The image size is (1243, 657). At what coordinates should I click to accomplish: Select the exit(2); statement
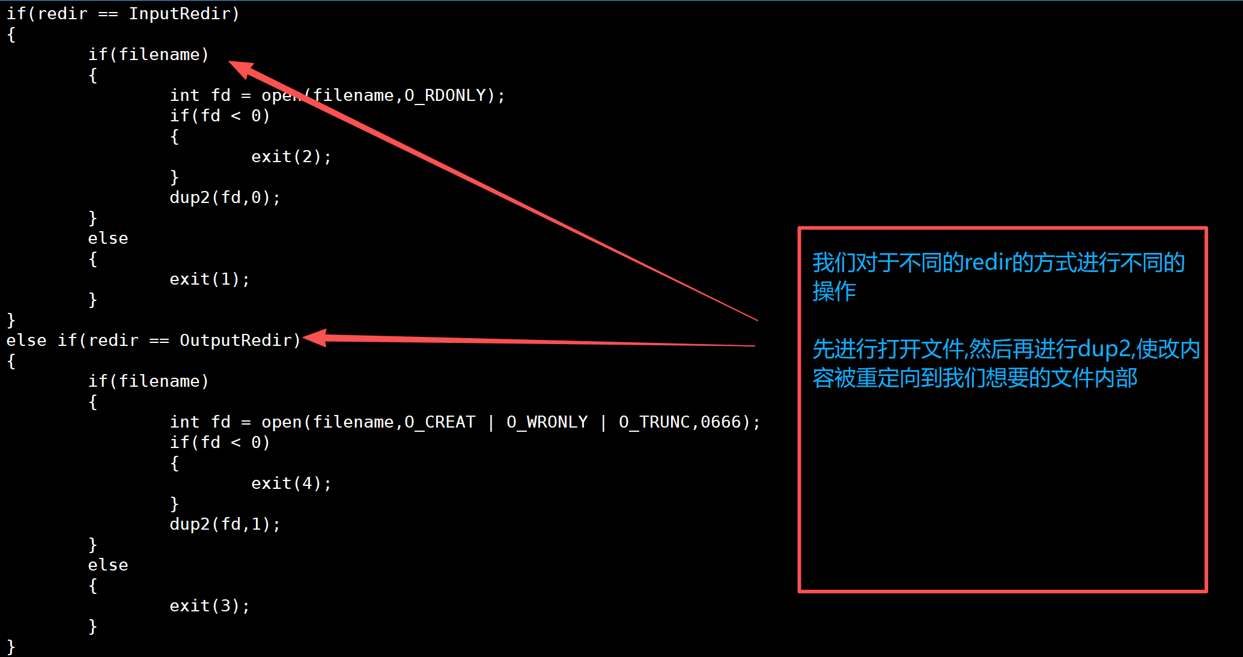pyautogui.click(x=291, y=157)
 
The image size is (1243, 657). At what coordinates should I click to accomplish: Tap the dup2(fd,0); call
pyautogui.click(x=225, y=198)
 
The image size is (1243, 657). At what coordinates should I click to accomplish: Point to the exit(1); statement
pyautogui.click(x=210, y=279)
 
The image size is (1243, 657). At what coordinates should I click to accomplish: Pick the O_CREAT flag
pyautogui.click(x=440, y=422)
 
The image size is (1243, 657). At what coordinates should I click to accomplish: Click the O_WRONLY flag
pyautogui.click(x=547, y=422)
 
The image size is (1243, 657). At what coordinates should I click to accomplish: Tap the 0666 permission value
pyautogui.click(x=721, y=422)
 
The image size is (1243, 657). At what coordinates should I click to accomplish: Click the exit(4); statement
pyautogui.click(x=291, y=483)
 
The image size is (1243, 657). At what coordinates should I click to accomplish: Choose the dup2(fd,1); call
pyautogui.click(x=225, y=524)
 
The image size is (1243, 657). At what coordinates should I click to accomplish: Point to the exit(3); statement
pyautogui.click(x=210, y=606)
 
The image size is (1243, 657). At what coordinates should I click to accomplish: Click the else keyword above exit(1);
pyautogui.click(x=108, y=238)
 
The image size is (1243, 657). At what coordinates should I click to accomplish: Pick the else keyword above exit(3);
pyautogui.click(x=108, y=565)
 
